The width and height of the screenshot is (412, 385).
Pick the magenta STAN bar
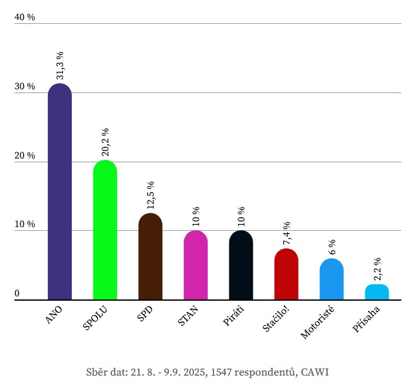click(x=196, y=265)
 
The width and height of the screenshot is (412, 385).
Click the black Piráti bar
click(x=241, y=265)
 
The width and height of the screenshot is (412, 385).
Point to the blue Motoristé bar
click(x=332, y=279)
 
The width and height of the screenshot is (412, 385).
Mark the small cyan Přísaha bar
click(x=377, y=292)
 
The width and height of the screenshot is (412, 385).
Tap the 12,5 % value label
click(x=151, y=196)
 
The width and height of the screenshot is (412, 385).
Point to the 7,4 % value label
click(x=287, y=233)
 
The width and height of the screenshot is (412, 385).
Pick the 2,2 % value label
click(x=377, y=269)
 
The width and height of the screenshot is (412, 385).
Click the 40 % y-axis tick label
click(x=25, y=18)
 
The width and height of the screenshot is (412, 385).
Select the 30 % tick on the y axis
click(x=25, y=87)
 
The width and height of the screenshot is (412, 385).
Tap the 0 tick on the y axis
click(x=17, y=294)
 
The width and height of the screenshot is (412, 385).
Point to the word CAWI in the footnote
click(x=315, y=372)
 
